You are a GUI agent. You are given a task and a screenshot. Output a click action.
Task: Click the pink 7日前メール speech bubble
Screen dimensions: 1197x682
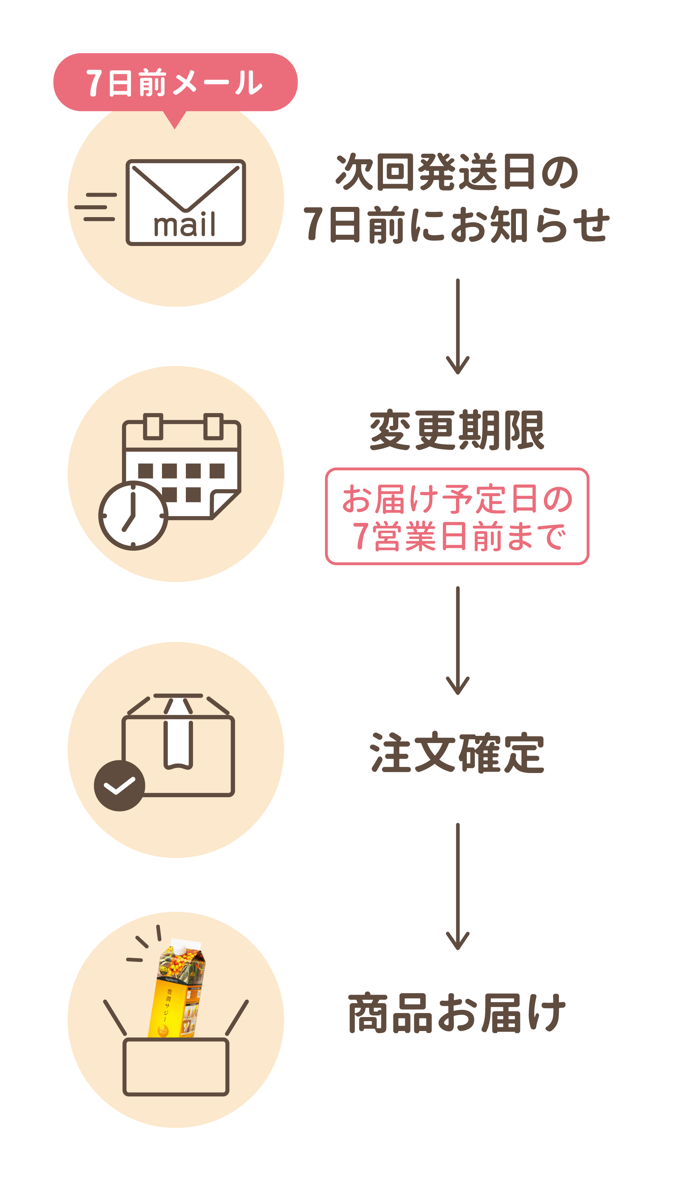coord(175,82)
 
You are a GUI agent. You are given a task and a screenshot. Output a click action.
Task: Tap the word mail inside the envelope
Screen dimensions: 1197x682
coord(184,225)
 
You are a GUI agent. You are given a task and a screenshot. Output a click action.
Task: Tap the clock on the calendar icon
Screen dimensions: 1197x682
coord(133,515)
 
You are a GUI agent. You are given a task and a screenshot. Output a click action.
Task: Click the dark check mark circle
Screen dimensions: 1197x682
coord(119,786)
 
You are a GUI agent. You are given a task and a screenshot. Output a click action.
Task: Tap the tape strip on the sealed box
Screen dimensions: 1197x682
coord(178,744)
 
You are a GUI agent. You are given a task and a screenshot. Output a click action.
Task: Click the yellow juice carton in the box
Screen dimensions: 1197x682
coord(178,988)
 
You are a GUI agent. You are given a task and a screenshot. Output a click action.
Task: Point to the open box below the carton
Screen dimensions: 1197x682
coord(176,1066)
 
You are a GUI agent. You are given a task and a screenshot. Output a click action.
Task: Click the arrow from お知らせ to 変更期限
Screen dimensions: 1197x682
coord(457,326)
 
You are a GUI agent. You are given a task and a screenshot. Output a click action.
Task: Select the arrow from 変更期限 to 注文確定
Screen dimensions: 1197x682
coord(457,640)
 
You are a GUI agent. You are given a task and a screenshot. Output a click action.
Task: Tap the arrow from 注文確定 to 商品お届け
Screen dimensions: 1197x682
coord(457,886)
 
